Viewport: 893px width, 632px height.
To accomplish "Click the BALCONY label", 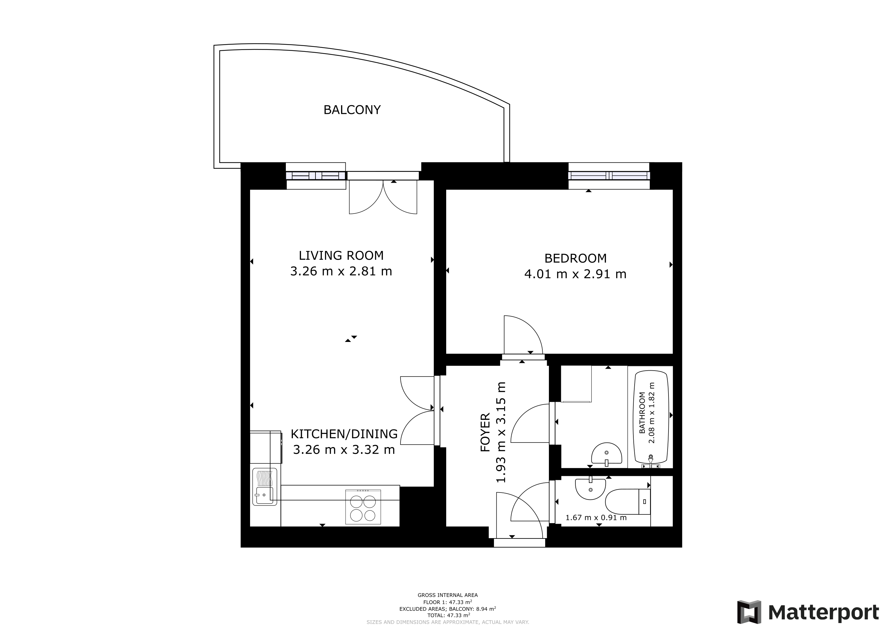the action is click(x=352, y=110).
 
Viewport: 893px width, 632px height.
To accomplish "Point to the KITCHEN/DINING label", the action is click(x=344, y=434).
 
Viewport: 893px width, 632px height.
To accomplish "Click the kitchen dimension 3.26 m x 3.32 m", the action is click(x=344, y=450).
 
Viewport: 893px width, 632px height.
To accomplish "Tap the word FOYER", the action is click(x=485, y=432).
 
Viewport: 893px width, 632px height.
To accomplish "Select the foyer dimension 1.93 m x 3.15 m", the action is click(x=501, y=432).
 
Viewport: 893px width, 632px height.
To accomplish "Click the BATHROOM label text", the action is click(x=642, y=413).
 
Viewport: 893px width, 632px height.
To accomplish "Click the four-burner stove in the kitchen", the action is click(x=363, y=507).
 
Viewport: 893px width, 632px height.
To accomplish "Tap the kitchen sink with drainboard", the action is click(x=265, y=486).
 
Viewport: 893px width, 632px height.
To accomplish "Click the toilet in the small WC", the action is click(x=628, y=502).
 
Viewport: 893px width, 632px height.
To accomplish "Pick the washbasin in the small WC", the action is click(x=591, y=489).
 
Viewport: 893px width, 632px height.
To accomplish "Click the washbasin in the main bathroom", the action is click(x=607, y=454).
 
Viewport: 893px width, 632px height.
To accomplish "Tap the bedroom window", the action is click(x=609, y=176).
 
